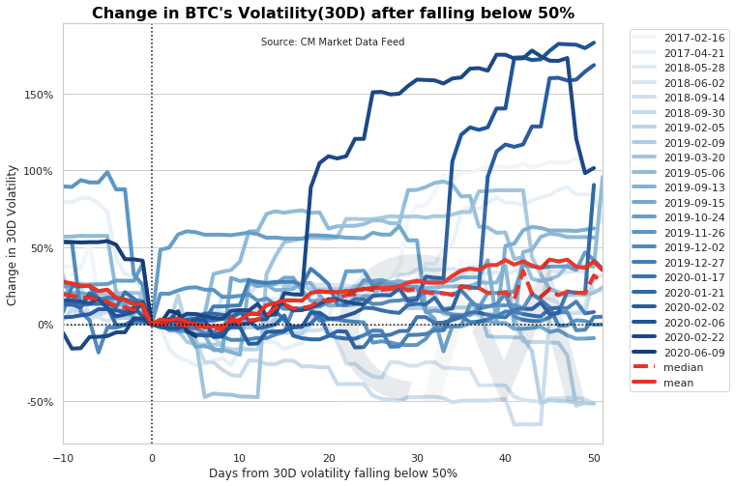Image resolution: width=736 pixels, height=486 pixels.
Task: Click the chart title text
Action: click(x=333, y=13)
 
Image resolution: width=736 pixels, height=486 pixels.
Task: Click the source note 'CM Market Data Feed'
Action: click(x=333, y=43)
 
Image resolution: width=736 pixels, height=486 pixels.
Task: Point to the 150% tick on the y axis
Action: click(x=38, y=94)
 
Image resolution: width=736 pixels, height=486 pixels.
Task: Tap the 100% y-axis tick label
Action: click(x=38, y=171)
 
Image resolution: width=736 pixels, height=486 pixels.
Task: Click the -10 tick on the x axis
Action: click(x=63, y=456)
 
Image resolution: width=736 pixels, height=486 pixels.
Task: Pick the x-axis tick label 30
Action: click(x=417, y=456)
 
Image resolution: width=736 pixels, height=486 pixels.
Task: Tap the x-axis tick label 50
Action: click(x=594, y=456)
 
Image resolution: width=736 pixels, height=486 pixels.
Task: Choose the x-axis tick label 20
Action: click(x=329, y=456)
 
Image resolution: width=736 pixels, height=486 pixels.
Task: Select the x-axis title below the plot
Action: click(x=333, y=473)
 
